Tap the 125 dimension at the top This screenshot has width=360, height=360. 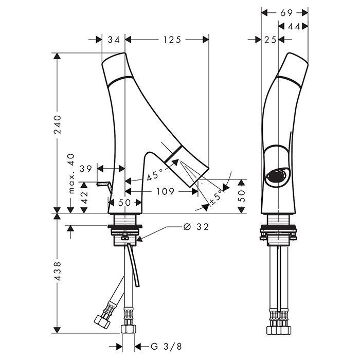coord(171,40)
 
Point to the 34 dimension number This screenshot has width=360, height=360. coord(114,40)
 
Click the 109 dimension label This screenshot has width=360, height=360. coord(164,191)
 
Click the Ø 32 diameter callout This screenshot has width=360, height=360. coord(195,227)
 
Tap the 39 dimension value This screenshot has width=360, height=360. coord(86,169)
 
